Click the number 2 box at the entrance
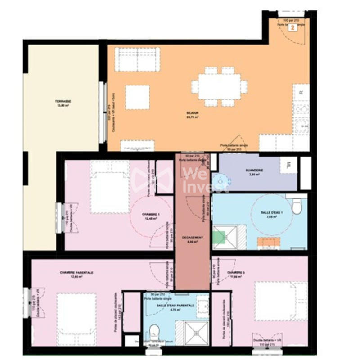(292, 28)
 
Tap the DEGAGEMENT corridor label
(193, 238)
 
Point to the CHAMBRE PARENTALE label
(76, 273)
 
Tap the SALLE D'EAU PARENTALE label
(175, 306)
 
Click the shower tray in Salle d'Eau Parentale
(197, 333)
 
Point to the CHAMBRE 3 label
(236, 273)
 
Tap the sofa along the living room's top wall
(137, 59)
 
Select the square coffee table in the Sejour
(137, 97)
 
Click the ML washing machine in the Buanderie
(288, 165)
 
